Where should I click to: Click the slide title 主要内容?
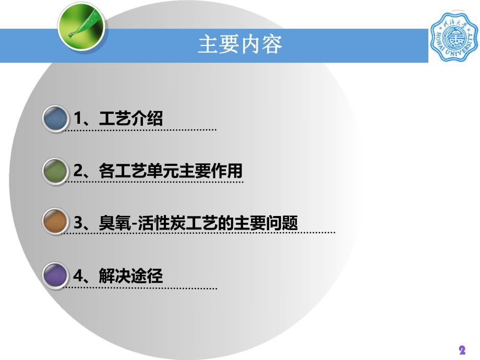(240, 45)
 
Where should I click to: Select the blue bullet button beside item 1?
(55, 118)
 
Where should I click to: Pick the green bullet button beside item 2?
(55, 171)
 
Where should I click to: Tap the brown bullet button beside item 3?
(55, 223)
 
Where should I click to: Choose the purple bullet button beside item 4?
(55, 275)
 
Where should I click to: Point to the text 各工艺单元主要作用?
(171, 171)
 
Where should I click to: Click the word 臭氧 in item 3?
(111, 223)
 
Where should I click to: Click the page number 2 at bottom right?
(462, 350)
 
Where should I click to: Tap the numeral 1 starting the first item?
(78, 118)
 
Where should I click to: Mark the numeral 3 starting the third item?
(78, 223)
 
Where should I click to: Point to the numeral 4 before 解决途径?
(78, 275)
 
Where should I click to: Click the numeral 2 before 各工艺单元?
(78, 171)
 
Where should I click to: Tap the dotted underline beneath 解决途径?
(141, 288)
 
